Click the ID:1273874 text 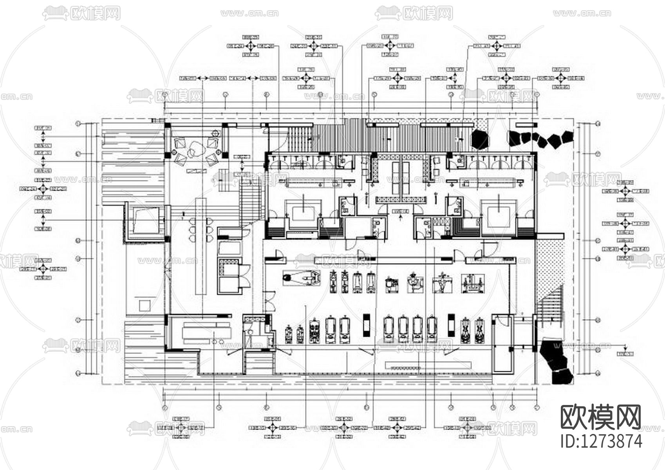[602, 441]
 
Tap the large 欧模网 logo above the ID [602, 418]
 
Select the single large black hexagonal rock [480, 139]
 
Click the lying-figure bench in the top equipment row [302, 278]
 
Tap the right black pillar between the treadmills [451, 325]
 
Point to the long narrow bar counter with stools [201, 247]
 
